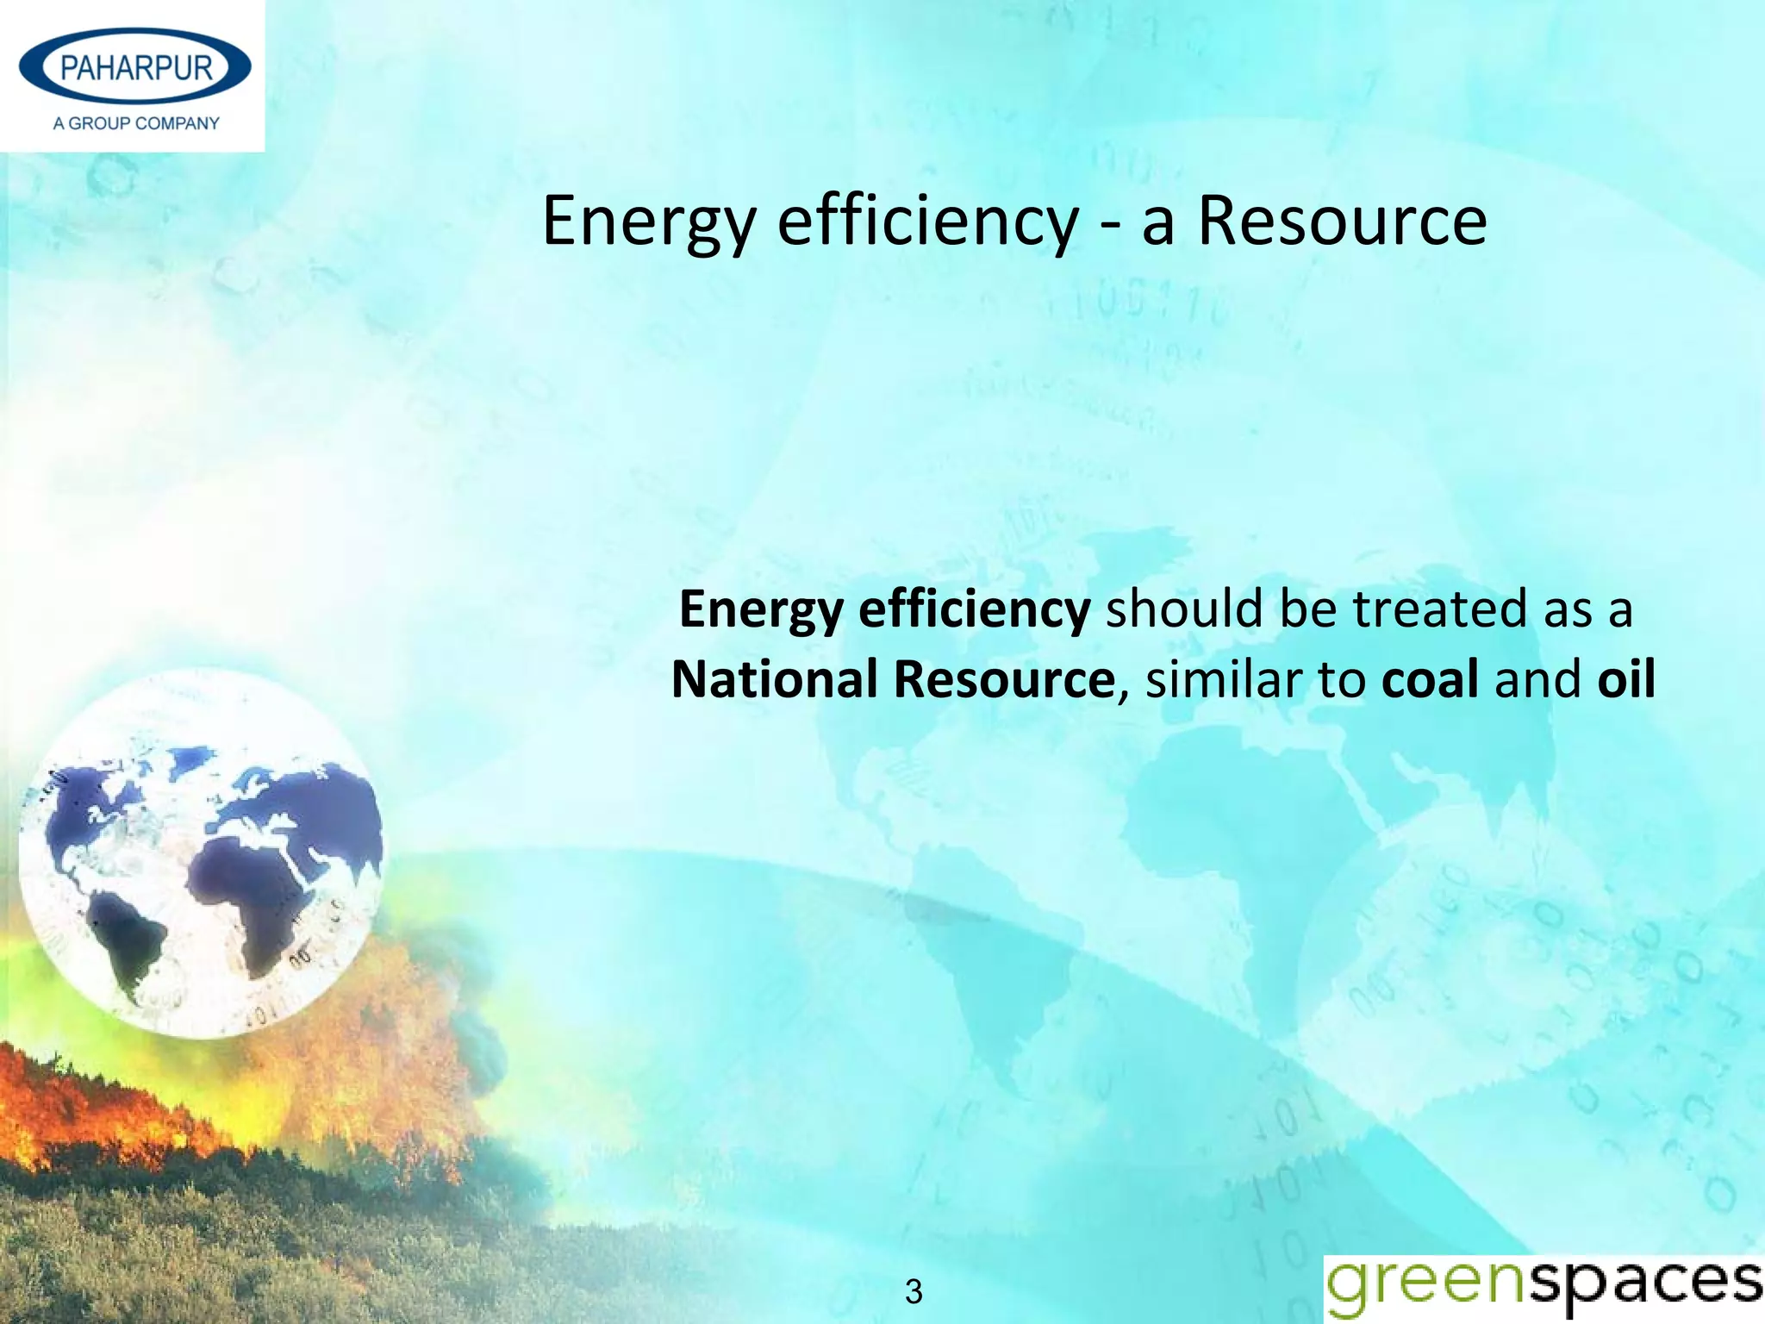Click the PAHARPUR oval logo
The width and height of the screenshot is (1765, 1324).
135,67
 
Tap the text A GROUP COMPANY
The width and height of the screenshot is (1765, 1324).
136,123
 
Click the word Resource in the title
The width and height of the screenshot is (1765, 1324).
1342,222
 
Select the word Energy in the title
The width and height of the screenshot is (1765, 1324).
649,222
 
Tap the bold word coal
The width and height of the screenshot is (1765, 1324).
1430,678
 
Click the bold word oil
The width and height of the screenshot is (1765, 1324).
1626,678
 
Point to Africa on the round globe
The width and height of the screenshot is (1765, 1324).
259,896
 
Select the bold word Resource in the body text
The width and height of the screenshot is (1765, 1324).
1004,678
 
